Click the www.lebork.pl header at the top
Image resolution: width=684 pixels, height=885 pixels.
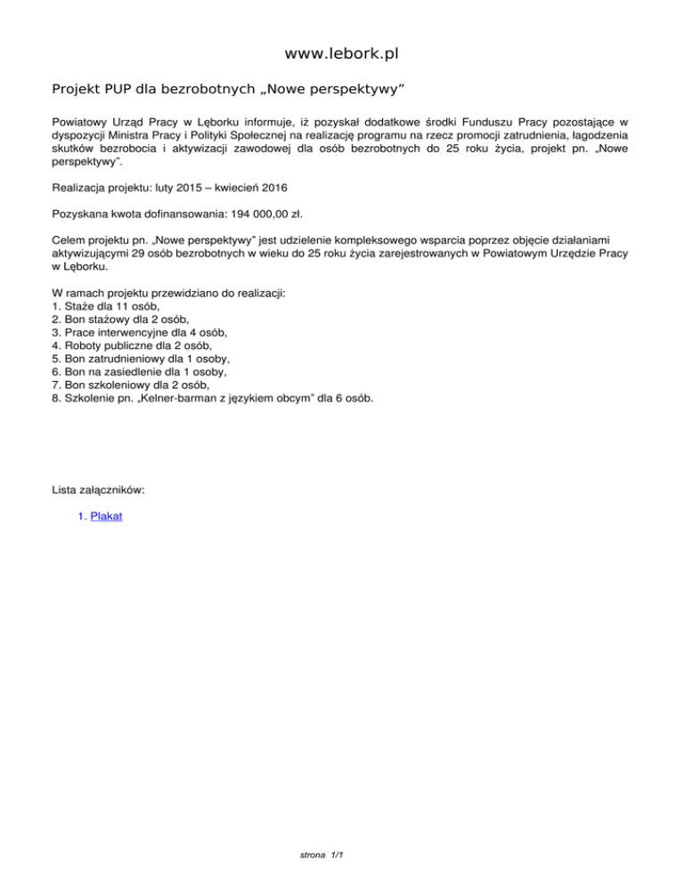[x=341, y=54]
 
